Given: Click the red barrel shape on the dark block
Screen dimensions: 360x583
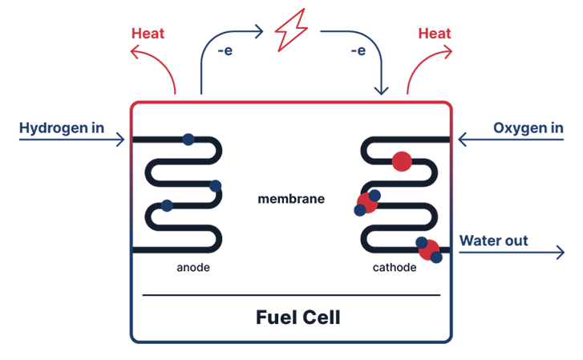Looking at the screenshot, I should click(x=400, y=161).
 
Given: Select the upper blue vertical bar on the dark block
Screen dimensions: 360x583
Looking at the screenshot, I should click(x=188, y=135).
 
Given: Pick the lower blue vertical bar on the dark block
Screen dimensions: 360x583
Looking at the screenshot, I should click(x=167, y=205).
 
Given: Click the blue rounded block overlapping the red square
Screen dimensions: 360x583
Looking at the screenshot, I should click(x=347, y=214).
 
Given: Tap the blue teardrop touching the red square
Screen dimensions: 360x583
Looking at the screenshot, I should click(x=376, y=195).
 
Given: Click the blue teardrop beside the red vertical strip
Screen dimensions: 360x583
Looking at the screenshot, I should click(x=419, y=240).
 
